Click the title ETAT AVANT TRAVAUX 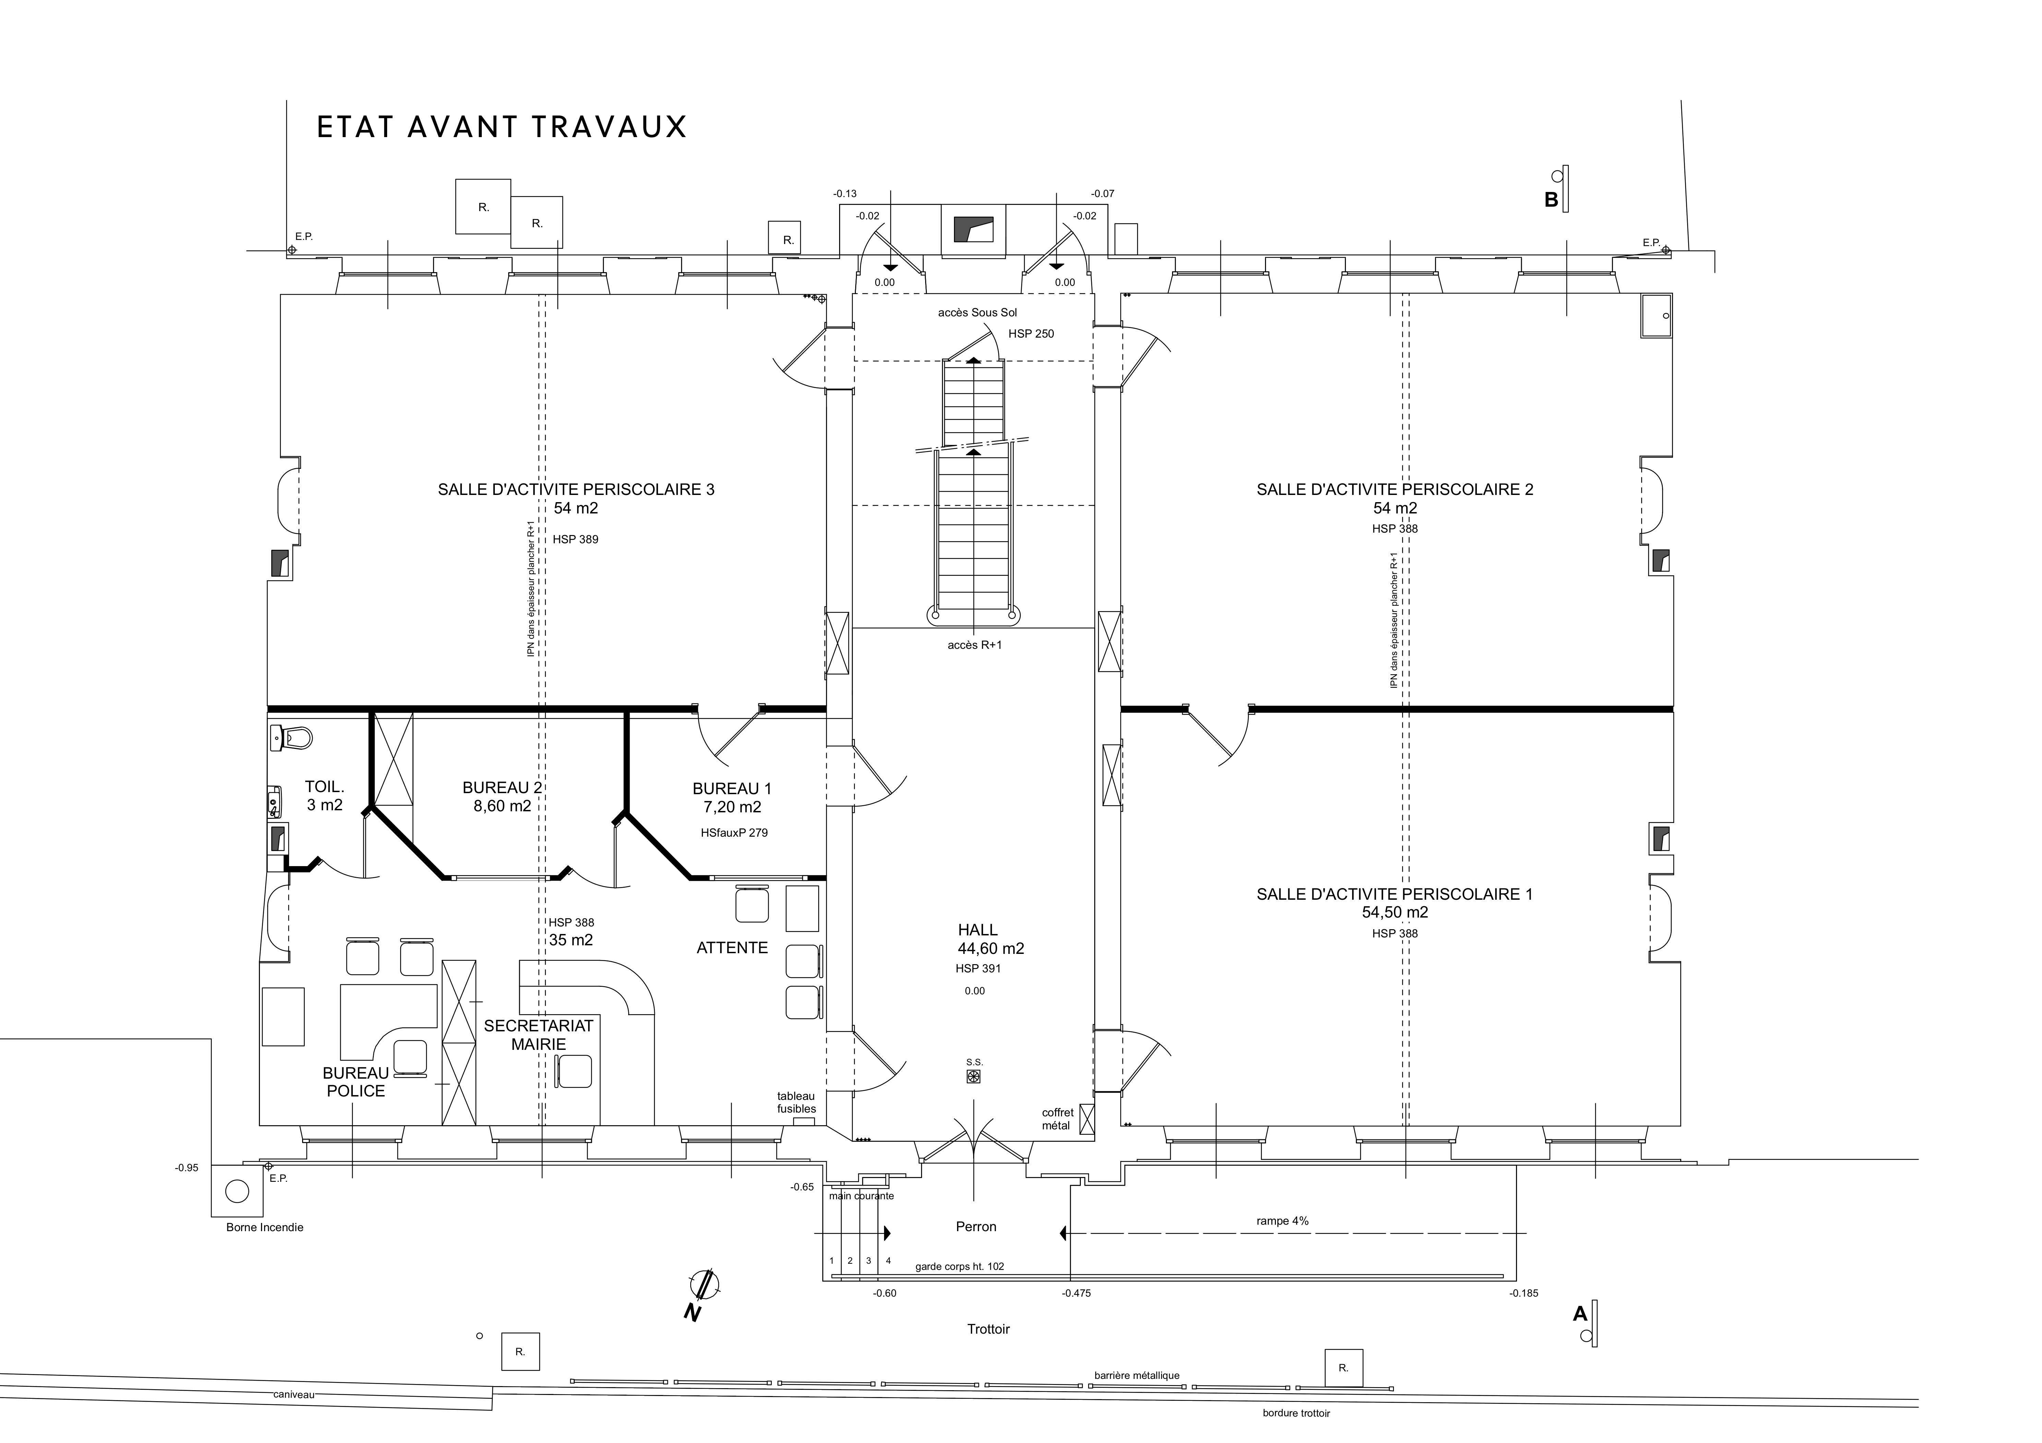coord(502,127)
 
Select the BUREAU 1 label coord(732,789)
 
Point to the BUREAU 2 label coord(502,788)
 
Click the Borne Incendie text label coord(265,1228)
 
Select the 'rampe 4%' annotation coord(1282,1222)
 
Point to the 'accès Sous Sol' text coord(977,313)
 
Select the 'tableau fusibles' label coord(796,1103)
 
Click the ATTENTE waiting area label coord(732,948)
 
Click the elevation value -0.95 coord(187,1168)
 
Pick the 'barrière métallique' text coord(1137,1375)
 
